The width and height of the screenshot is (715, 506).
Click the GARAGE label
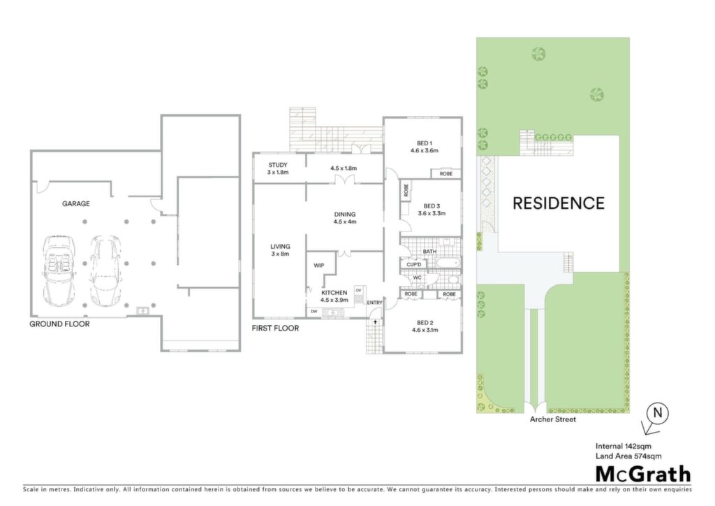[x=75, y=203]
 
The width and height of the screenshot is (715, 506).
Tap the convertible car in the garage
[x=57, y=271]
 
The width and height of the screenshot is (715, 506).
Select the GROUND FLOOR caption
[x=59, y=324]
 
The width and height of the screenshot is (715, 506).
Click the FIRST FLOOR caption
[x=275, y=328]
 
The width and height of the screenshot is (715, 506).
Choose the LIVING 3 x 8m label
[x=280, y=250]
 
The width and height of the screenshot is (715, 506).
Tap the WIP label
[x=318, y=266]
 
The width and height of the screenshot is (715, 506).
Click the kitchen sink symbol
[x=332, y=312]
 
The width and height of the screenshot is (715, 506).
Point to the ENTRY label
[x=374, y=303]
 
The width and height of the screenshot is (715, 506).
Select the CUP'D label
[x=413, y=265]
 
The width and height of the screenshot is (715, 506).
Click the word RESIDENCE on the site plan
[x=559, y=203]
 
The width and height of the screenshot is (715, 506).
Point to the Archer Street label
[x=553, y=419]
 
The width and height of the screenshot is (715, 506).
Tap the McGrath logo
[x=643, y=474]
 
